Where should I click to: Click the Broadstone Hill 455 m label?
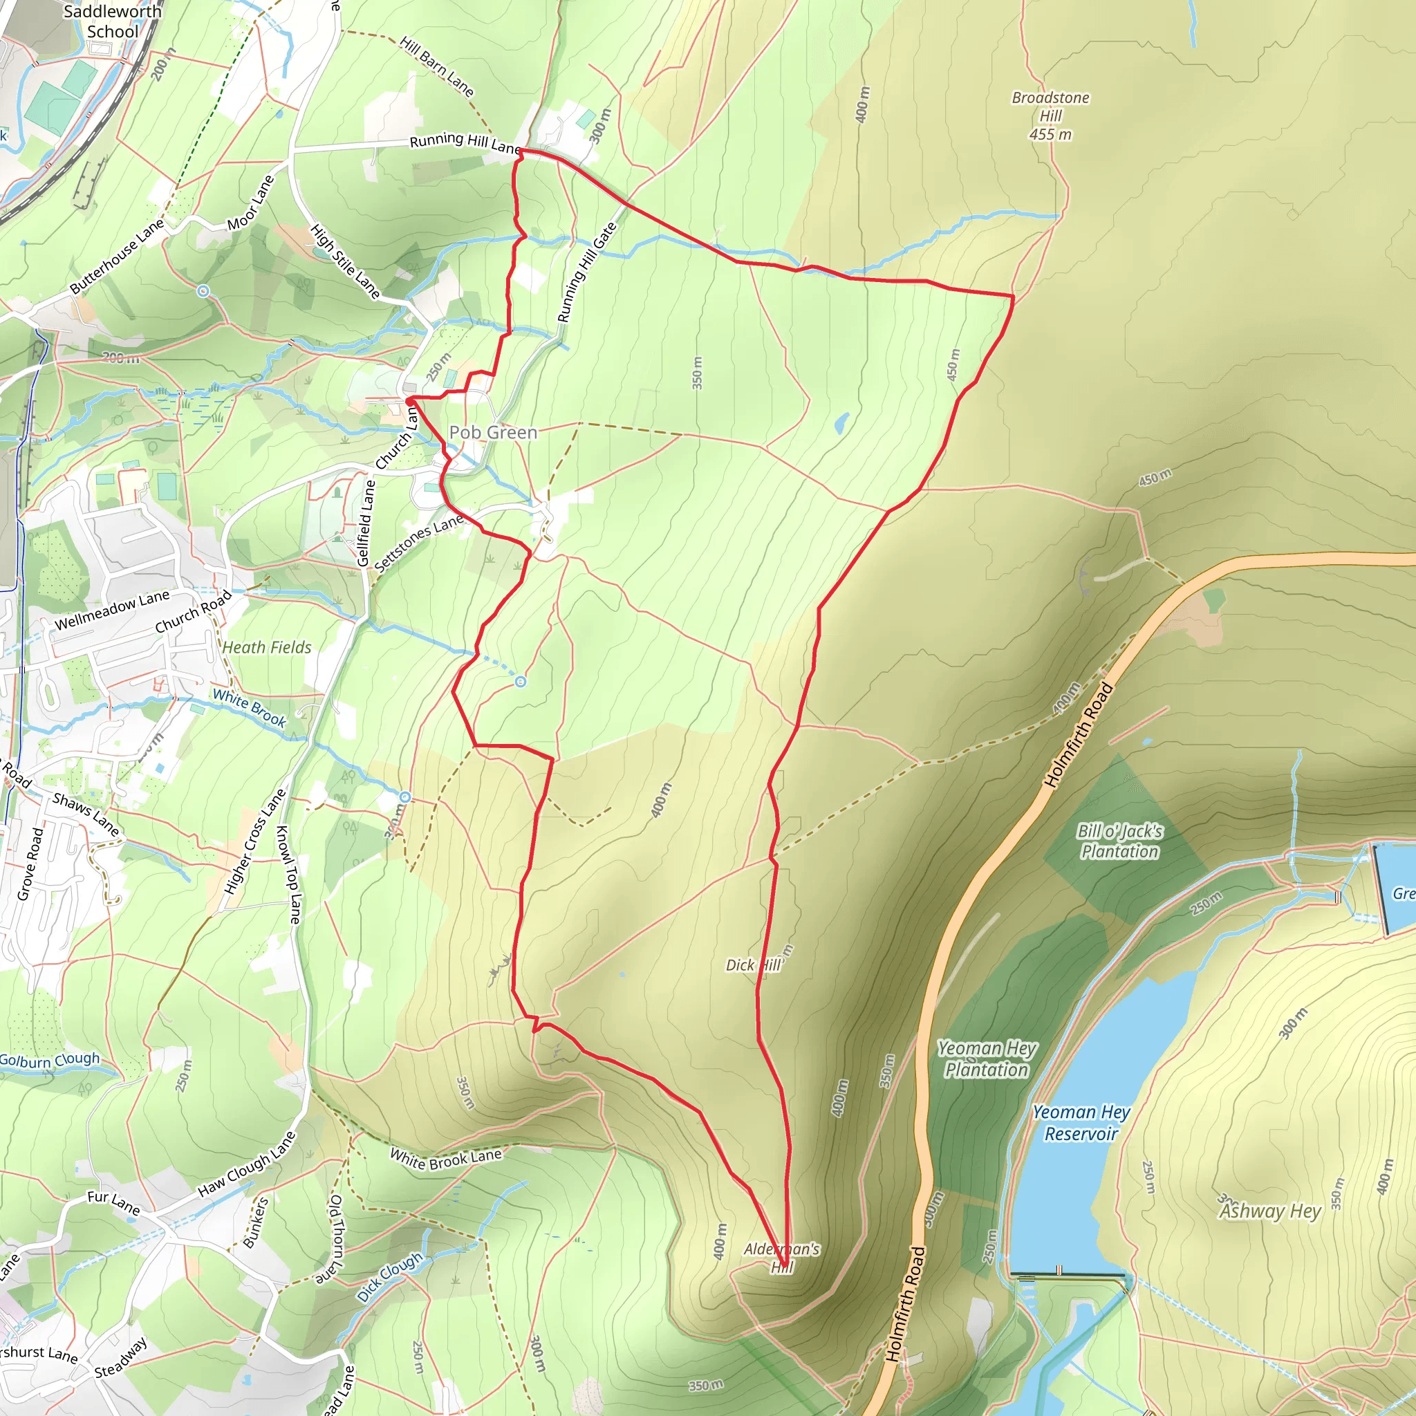1050,115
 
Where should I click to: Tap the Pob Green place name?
492,432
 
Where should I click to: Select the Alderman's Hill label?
781,1258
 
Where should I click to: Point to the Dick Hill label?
754,965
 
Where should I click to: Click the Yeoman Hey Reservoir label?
1081,1123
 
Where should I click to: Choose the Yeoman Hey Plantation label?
987,1059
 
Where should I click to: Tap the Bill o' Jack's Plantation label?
1119,841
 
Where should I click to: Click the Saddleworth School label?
111,21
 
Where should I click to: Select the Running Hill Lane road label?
465,142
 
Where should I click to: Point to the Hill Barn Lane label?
438,66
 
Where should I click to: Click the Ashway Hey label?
1269,1211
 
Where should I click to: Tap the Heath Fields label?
267,647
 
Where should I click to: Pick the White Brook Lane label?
446,1159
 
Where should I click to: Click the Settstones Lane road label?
418,542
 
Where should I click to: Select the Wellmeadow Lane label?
112,610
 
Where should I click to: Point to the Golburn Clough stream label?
49,1060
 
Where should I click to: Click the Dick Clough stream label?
390,1276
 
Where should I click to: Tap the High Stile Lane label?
345,261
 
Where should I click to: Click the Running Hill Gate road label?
586,272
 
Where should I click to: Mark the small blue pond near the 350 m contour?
841,422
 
